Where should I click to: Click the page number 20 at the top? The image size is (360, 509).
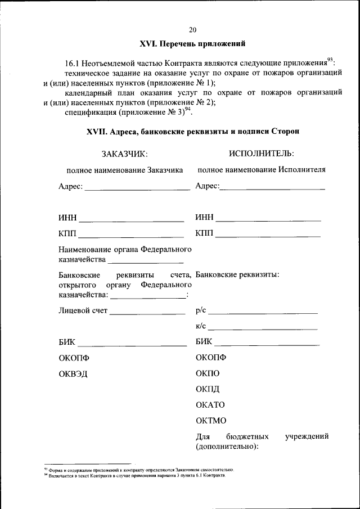[x=193, y=30]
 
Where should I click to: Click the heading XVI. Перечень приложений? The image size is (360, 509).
[x=192, y=44]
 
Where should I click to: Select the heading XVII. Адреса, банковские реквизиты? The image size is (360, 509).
[x=193, y=132]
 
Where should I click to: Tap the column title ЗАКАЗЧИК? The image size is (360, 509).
[x=124, y=154]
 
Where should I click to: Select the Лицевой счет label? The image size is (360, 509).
[x=83, y=310]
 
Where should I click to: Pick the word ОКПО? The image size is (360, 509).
[x=208, y=373]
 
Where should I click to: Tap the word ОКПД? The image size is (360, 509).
[x=208, y=389]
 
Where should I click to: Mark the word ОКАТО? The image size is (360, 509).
[x=210, y=405]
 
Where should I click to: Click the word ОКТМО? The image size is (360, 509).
[x=211, y=421]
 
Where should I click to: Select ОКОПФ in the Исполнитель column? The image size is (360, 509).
[x=211, y=358]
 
